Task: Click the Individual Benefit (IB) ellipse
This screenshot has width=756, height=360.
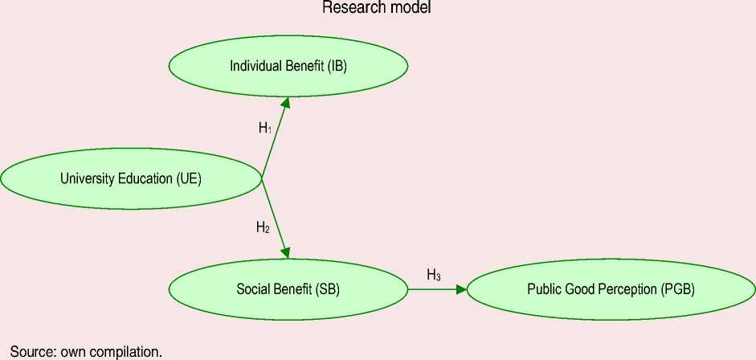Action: point(288,66)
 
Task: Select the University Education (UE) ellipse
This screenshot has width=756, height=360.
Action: point(131,178)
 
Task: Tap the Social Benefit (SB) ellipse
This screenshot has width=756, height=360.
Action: point(288,289)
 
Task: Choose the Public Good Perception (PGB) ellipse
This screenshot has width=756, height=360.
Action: point(611,289)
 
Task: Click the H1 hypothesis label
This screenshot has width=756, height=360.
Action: point(264,128)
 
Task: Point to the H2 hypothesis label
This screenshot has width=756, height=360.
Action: point(263,227)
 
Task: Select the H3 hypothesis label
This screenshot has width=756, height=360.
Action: point(433,276)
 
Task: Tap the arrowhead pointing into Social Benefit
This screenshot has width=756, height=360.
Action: point(286,252)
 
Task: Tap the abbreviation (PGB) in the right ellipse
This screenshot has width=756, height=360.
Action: point(676,289)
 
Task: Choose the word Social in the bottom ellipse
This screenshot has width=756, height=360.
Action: point(252,289)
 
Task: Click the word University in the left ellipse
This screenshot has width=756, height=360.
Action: point(84,178)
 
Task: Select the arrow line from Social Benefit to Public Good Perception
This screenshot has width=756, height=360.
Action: point(434,289)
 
